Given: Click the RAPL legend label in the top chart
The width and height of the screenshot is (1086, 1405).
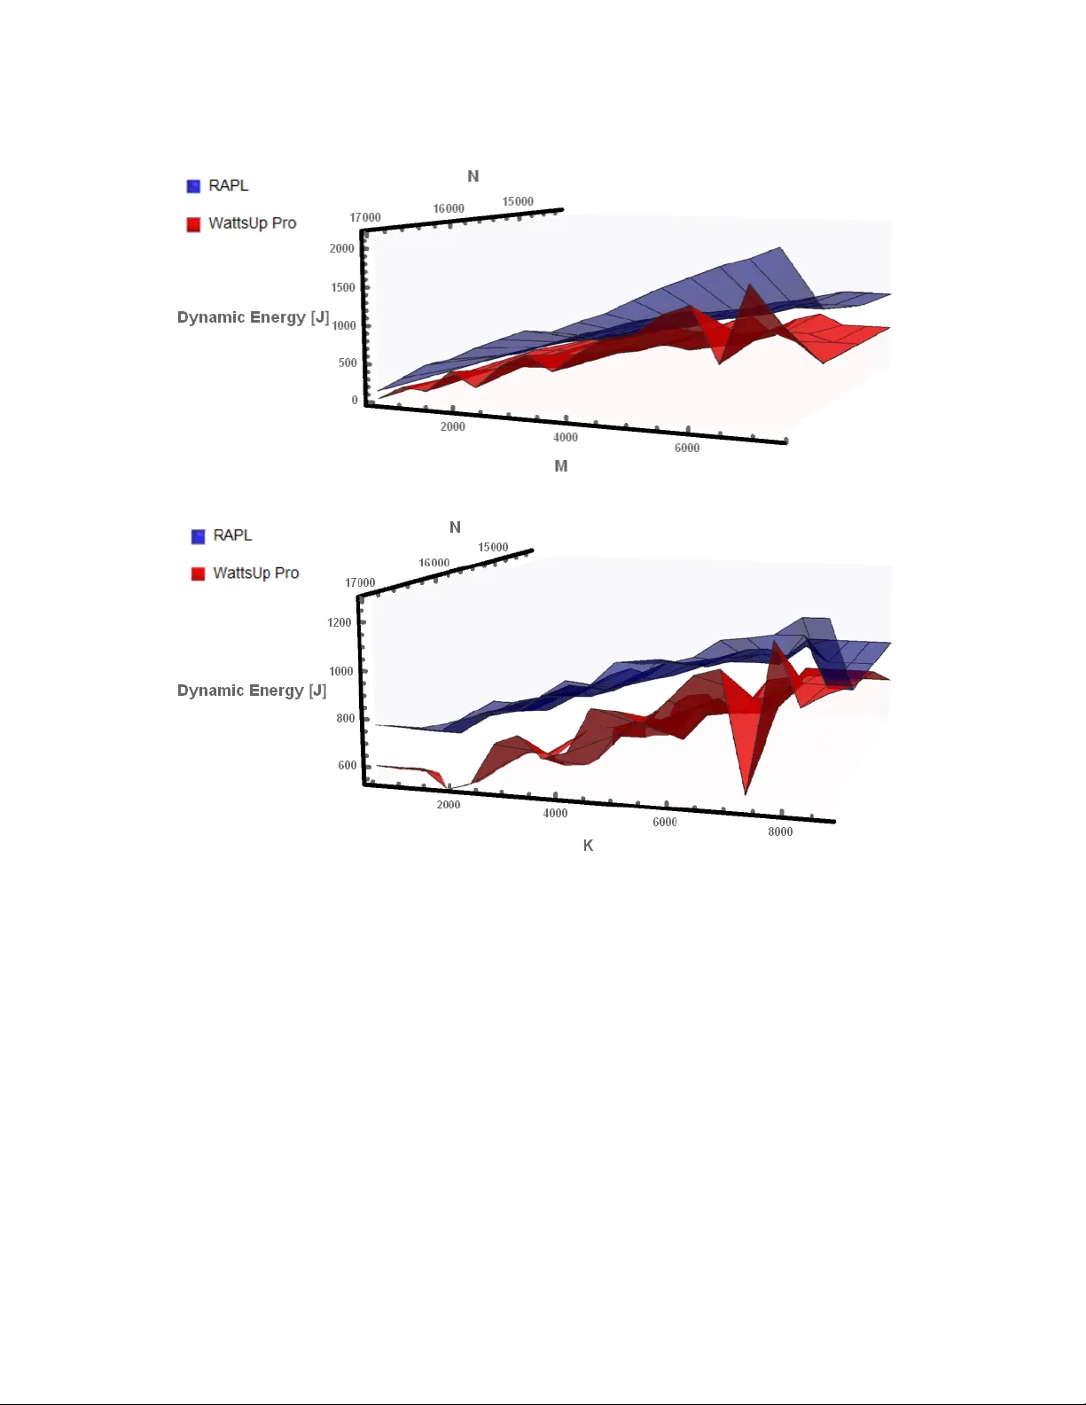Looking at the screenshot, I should pyautogui.click(x=228, y=185).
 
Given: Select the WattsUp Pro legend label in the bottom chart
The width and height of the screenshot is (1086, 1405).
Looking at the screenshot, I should pyautogui.click(x=255, y=574).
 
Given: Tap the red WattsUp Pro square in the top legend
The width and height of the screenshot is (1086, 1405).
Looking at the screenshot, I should pyautogui.click(x=193, y=224).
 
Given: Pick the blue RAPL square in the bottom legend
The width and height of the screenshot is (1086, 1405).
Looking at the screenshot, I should pyautogui.click(x=198, y=536).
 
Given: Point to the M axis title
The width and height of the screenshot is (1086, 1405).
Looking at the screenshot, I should pyautogui.click(x=561, y=466).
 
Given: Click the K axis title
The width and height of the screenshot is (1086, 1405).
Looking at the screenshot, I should pyautogui.click(x=588, y=846).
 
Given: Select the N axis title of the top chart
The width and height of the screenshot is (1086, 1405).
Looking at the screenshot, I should pyautogui.click(x=473, y=176).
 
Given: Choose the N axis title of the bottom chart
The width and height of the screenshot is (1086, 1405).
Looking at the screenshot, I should pyautogui.click(x=455, y=527).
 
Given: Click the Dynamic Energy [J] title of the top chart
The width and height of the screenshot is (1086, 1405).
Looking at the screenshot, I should pyautogui.click(x=253, y=317).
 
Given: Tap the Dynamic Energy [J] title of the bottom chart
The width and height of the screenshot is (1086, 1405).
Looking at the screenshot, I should pyautogui.click(x=252, y=691).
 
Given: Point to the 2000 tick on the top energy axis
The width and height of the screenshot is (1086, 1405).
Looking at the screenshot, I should pyautogui.click(x=342, y=248).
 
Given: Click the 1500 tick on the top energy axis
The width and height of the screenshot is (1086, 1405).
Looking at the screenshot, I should pyautogui.click(x=343, y=287).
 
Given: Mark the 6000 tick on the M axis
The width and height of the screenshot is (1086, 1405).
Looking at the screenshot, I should pyautogui.click(x=687, y=449).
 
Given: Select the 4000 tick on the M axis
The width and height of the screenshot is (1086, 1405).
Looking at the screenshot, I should pyautogui.click(x=566, y=437).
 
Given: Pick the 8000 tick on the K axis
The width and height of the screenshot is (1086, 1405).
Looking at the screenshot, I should pyautogui.click(x=780, y=831).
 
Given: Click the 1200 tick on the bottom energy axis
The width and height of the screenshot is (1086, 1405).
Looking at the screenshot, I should pyautogui.click(x=340, y=622).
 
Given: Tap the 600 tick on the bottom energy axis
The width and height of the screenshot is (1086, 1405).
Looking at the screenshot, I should pyautogui.click(x=347, y=765).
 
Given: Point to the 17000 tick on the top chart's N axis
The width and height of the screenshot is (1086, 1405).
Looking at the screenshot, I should pyautogui.click(x=365, y=217).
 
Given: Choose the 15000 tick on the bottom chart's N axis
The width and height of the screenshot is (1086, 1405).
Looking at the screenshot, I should pyautogui.click(x=493, y=547).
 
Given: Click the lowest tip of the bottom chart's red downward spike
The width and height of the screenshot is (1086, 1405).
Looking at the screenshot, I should pyautogui.click(x=746, y=793).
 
